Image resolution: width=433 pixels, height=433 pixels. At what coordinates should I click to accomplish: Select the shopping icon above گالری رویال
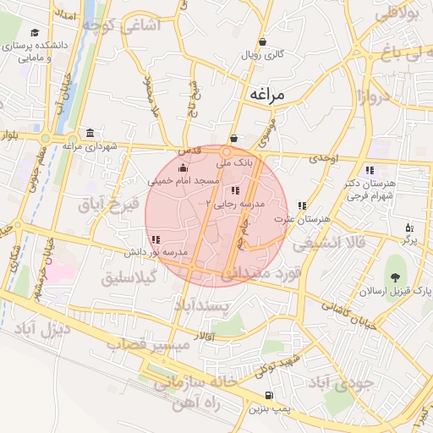pos(262,41)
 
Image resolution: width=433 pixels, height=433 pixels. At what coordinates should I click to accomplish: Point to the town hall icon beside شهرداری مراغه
pos(90,133)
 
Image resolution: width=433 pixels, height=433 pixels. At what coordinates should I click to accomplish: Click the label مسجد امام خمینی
pos(184,181)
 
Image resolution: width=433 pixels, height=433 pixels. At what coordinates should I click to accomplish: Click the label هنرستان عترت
pos(302,219)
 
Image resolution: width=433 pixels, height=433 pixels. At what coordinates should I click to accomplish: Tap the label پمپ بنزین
pos(268,408)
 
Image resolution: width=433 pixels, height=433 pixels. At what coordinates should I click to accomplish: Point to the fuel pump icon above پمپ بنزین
pos(269,395)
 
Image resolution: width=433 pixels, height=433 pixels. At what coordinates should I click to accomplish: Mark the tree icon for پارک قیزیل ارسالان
pos(395,277)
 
